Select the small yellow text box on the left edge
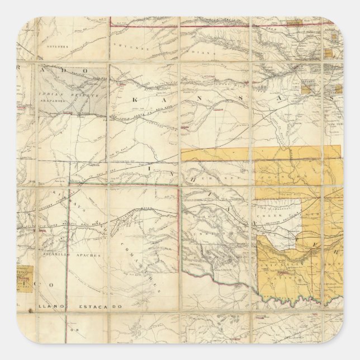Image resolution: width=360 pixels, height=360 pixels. click(x=25, y=277)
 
